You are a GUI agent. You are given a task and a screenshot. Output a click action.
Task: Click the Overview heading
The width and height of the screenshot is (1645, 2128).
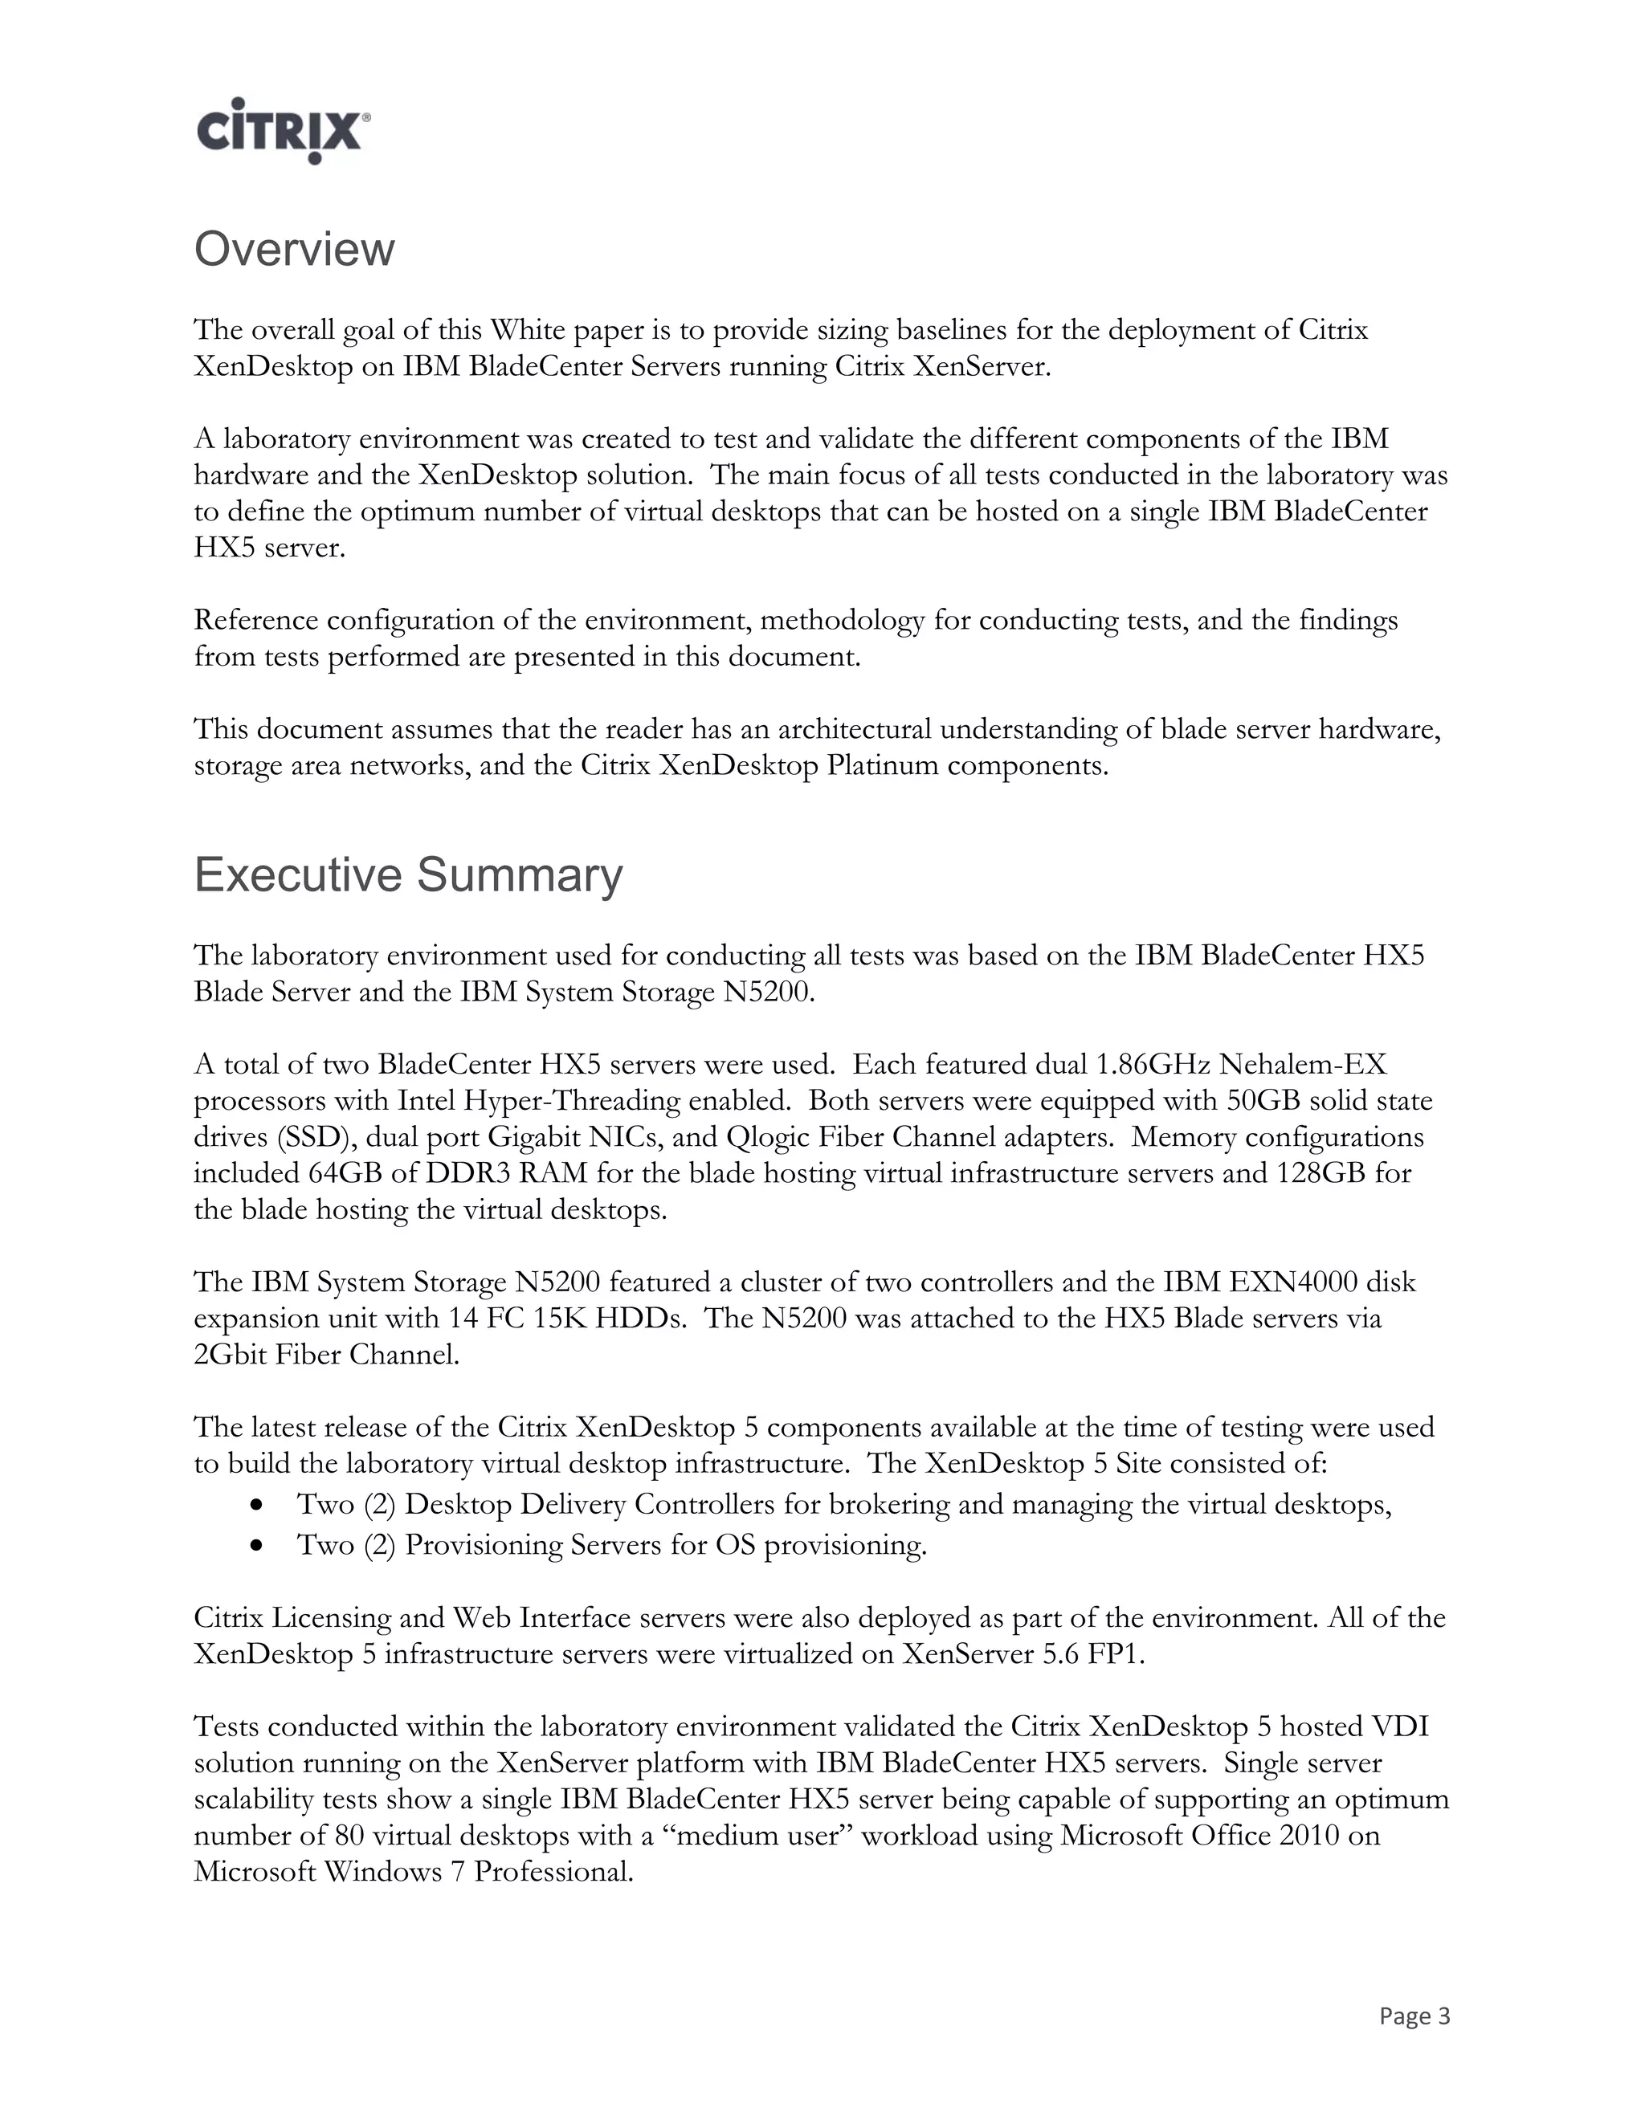(x=294, y=250)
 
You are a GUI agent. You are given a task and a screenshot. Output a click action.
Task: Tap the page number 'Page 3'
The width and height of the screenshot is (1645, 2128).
(x=1414, y=2016)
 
